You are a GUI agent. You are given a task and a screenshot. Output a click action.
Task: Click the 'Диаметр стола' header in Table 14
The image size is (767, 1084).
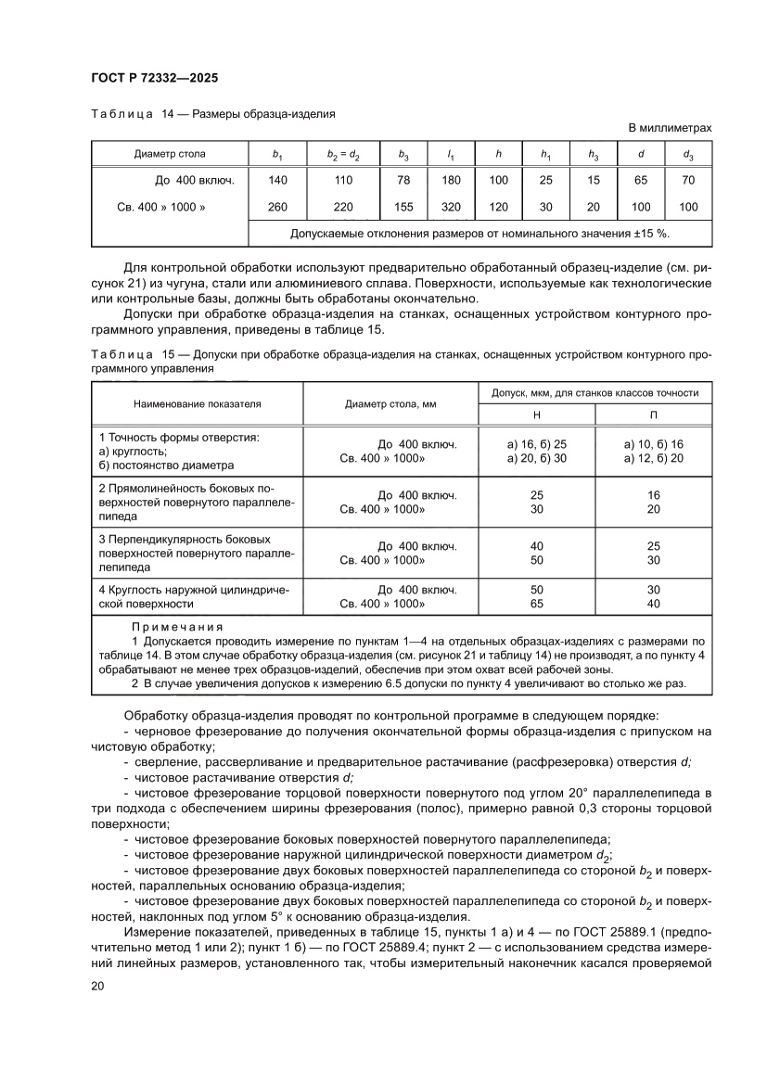(x=170, y=154)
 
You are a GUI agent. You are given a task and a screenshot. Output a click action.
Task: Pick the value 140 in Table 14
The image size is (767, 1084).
(x=276, y=180)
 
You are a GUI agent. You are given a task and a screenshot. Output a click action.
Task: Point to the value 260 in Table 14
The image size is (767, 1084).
(x=276, y=207)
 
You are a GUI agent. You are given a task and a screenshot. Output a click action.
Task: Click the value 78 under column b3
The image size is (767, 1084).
(x=403, y=180)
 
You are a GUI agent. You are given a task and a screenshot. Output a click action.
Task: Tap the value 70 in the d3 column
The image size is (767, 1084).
(x=688, y=180)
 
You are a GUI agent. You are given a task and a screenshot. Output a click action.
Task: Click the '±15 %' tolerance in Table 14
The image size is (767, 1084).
(x=649, y=234)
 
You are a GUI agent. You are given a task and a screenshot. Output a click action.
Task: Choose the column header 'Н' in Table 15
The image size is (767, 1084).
(x=536, y=414)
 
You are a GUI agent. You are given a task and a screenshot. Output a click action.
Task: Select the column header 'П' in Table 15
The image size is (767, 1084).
(x=653, y=414)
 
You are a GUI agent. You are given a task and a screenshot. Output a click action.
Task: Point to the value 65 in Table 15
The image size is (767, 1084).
(x=536, y=603)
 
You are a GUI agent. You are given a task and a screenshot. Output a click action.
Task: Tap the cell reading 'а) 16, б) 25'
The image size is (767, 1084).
(x=536, y=445)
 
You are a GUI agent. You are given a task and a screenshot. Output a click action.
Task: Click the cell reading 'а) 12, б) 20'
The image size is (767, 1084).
(x=653, y=458)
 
